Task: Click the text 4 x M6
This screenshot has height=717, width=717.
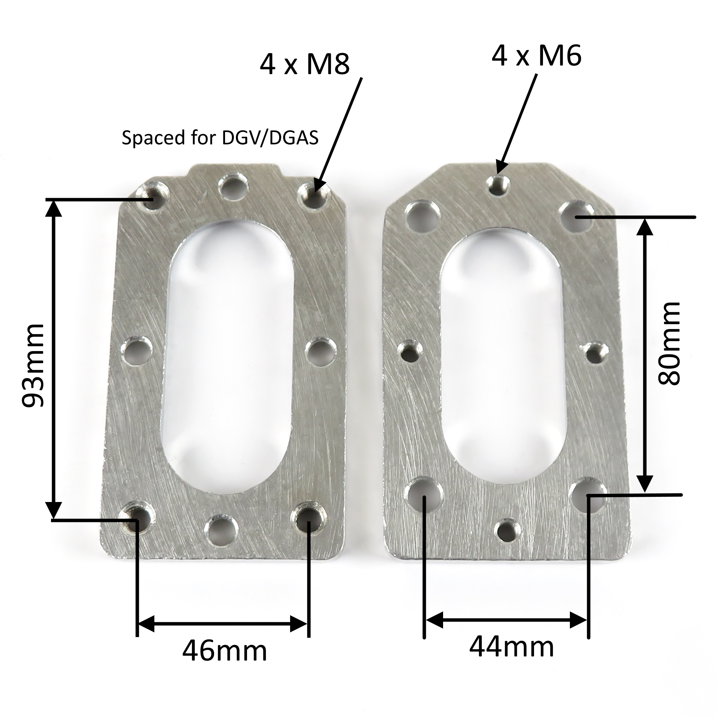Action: [x=536, y=57]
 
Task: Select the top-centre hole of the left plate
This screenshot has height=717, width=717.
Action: [x=233, y=187]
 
